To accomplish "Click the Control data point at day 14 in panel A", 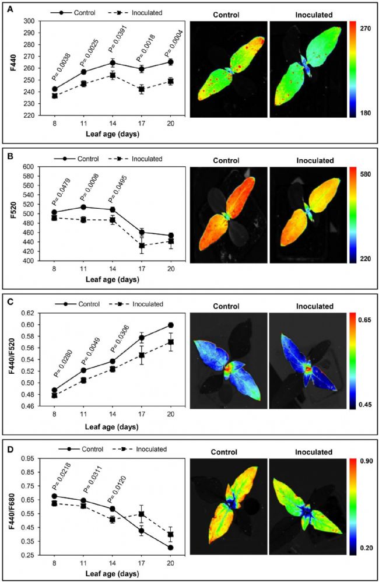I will (x=113, y=63).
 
